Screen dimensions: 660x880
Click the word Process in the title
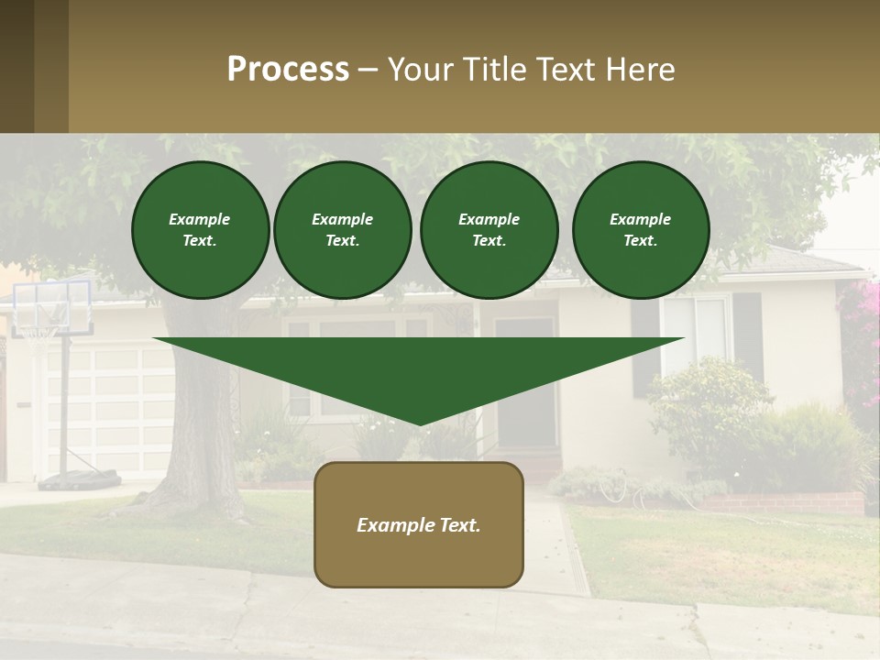point(288,70)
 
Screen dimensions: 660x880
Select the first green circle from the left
point(200,230)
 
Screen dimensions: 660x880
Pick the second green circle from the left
point(342,230)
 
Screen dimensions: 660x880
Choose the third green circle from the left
point(489,230)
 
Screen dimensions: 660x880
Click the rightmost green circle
point(640,230)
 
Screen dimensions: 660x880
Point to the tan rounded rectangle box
point(418,524)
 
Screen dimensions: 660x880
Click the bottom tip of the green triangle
point(419,421)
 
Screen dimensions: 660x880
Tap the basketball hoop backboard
point(53,307)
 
